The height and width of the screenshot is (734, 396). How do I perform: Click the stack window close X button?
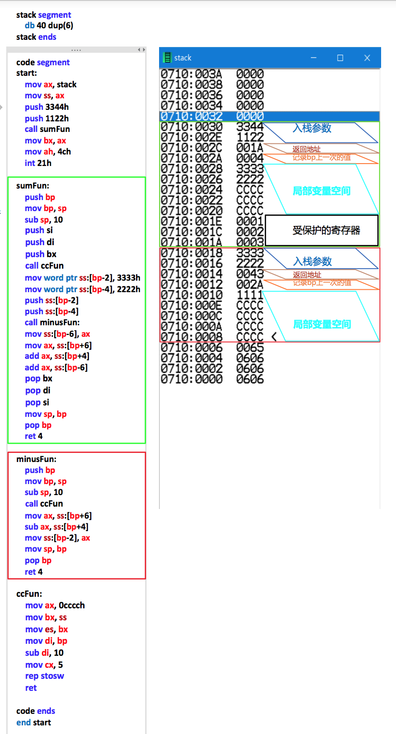coord(367,58)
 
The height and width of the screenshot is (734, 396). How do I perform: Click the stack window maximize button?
coord(340,58)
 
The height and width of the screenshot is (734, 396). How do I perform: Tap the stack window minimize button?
coord(313,58)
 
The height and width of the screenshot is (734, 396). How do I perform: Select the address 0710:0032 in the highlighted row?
coord(191,116)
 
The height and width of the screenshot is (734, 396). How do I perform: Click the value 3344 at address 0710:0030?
coord(250,127)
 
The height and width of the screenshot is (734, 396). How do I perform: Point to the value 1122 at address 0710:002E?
coord(250,137)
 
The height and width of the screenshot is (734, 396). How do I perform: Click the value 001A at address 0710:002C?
coord(250,148)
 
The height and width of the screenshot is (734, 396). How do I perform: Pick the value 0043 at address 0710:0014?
coord(250,273)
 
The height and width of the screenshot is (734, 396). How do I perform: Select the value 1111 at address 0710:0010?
coord(250,295)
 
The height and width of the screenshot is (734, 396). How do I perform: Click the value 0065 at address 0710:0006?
coord(250,347)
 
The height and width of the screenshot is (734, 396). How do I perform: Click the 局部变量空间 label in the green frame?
coord(322,191)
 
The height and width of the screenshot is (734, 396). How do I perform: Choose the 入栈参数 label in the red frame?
coord(312,261)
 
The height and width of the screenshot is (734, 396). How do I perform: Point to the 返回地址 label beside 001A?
coord(307,149)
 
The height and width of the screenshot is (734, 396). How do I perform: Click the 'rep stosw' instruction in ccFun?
coord(45,676)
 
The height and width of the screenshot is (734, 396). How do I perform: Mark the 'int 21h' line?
coord(38,163)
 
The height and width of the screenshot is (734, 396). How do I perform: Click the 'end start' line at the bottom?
coord(34,722)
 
